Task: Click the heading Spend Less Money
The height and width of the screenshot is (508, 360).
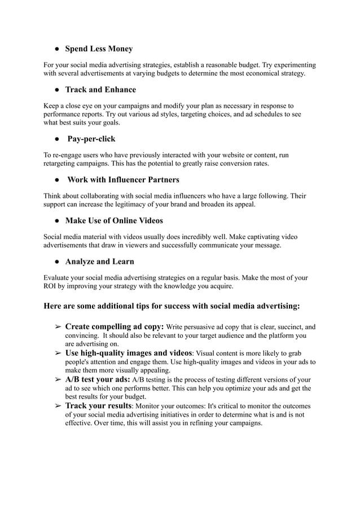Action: pos(99,49)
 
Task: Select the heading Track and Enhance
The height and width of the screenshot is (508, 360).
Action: pos(100,90)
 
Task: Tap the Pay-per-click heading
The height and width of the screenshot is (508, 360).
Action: pos(91,139)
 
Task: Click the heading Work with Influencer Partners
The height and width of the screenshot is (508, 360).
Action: pos(123,180)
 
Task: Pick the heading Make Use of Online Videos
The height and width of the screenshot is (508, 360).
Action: pos(114,220)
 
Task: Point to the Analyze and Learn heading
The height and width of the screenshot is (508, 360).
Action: pos(99,262)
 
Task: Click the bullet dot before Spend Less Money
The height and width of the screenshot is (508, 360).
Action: pos(58,50)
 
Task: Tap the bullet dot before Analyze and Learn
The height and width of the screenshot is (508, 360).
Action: pos(58,262)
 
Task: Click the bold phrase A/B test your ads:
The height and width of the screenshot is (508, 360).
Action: pos(98,379)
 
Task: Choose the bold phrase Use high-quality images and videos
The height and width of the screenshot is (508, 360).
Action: pos(129,352)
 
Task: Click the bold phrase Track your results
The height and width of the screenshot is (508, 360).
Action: pos(98,405)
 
